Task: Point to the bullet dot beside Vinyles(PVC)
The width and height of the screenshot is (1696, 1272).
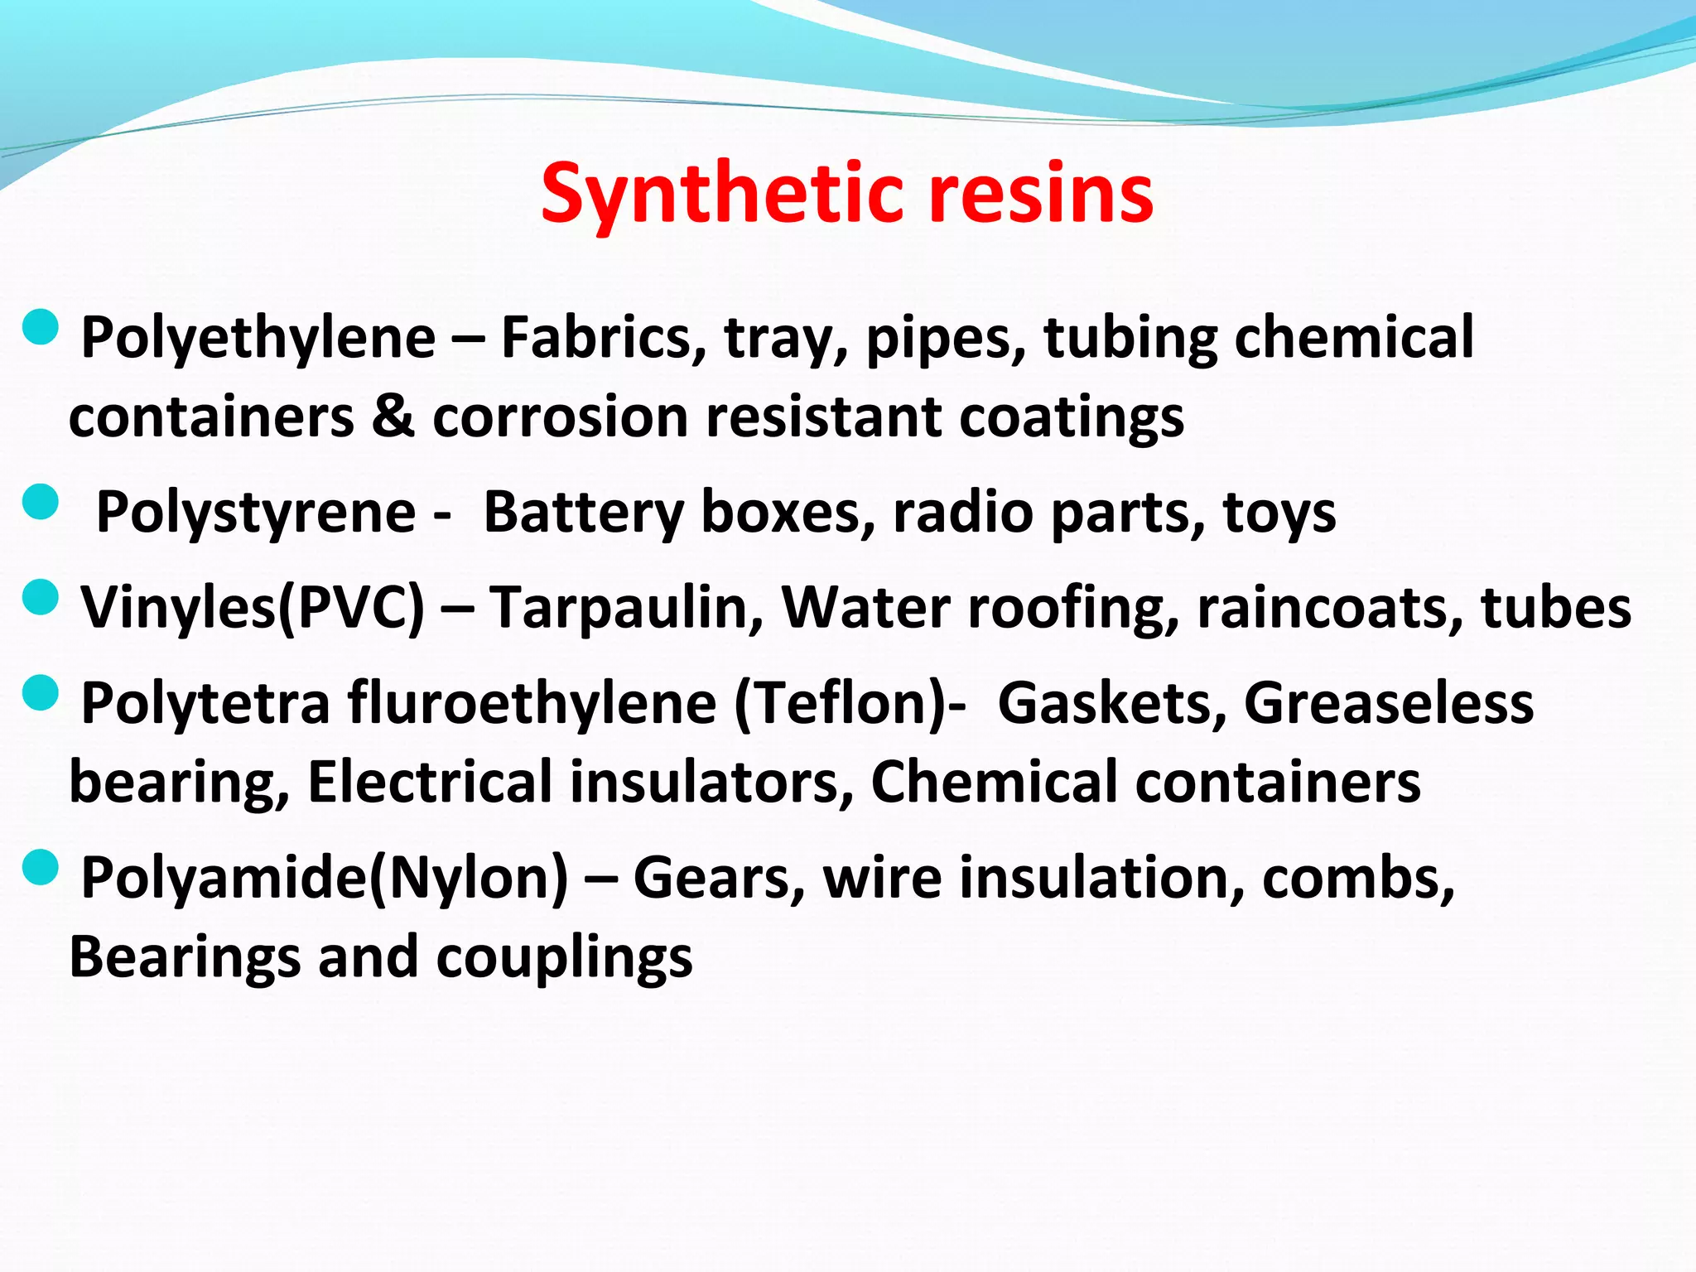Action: click(x=41, y=597)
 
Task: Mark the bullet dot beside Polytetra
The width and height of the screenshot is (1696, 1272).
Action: click(x=41, y=692)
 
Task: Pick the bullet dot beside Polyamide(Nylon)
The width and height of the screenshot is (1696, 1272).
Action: click(x=41, y=867)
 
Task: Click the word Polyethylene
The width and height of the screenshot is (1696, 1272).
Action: click(x=258, y=338)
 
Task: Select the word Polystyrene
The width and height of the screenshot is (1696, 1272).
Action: click(x=256, y=513)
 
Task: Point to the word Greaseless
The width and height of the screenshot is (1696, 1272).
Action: click(x=1389, y=703)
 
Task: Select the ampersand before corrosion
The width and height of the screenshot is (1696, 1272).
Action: click(x=393, y=416)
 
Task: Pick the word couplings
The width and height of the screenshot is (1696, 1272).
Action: click(x=564, y=958)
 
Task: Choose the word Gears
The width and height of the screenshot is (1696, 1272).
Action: click(x=720, y=878)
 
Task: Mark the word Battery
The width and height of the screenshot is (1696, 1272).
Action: click(x=584, y=513)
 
